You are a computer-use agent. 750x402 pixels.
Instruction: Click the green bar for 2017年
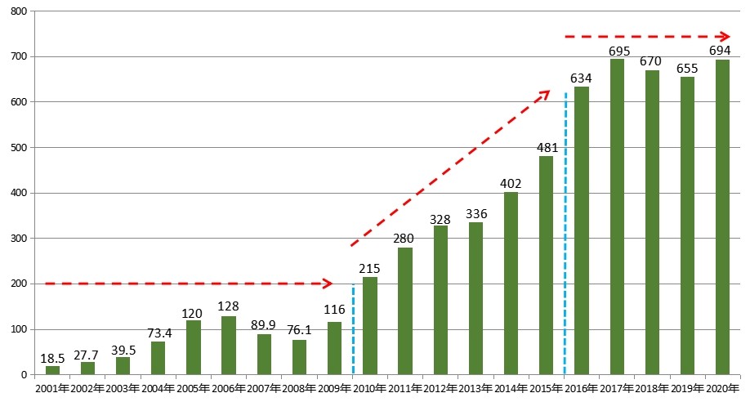(x=617, y=217)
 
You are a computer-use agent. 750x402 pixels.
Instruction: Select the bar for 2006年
(x=229, y=346)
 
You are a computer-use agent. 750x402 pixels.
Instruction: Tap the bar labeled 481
(x=546, y=266)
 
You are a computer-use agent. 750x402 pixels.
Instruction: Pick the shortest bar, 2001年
(x=52, y=370)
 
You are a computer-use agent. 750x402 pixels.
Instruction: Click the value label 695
(x=617, y=51)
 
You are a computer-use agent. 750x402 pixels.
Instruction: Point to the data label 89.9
(x=264, y=326)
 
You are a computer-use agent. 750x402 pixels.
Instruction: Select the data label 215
(x=369, y=269)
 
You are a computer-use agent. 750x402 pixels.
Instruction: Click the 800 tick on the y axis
(x=17, y=11)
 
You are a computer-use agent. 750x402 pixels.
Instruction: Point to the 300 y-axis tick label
(x=17, y=239)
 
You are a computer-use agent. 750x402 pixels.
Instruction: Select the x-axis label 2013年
(x=475, y=388)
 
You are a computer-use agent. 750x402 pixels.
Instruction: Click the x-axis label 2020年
(x=722, y=388)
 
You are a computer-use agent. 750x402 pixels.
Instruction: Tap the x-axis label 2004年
(x=158, y=388)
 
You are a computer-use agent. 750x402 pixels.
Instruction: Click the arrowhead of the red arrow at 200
(x=328, y=284)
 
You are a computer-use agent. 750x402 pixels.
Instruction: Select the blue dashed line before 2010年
(x=352, y=327)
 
